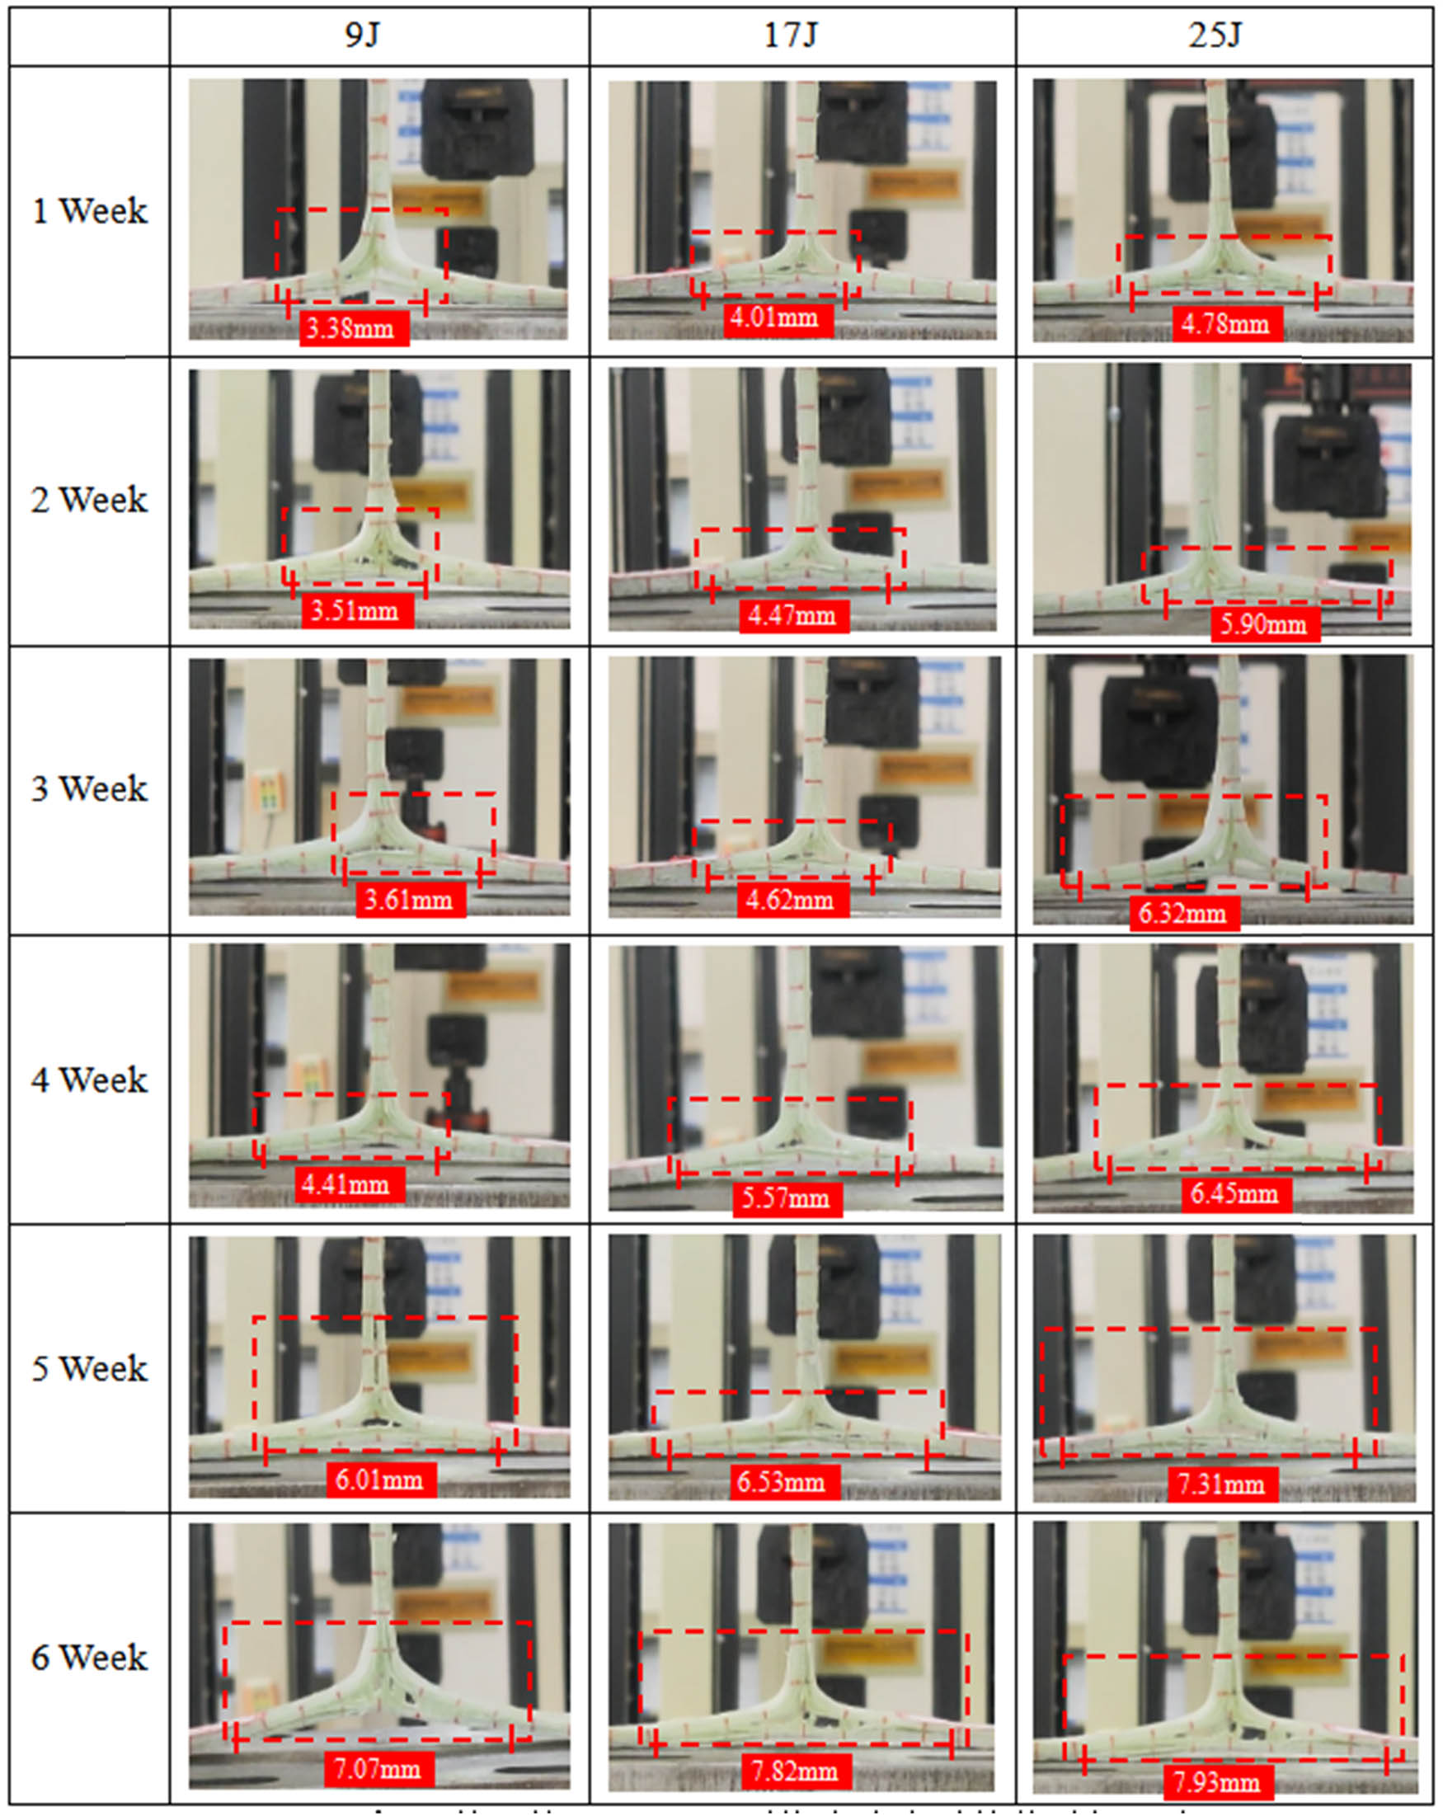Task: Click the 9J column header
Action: pyautogui.click(x=363, y=36)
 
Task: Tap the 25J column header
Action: pyautogui.click(x=1215, y=36)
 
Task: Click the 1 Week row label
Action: pyautogui.click(x=89, y=210)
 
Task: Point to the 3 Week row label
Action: pyautogui.click(x=89, y=789)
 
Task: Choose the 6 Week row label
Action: pyautogui.click(x=89, y=1657)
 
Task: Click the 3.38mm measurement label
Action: pyautogui.click(x=354, y=327)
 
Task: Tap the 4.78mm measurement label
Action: pyautogui.click(x=1226, y=324)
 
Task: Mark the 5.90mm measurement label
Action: pyautogui.click(x=1264, y=624)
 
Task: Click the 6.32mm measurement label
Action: pyautogui.click(x=1183, y=913)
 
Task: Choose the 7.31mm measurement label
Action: pyautogui.click(x=1222, y=1484)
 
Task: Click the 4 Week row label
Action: pyautogui.click(x=89, y=1080)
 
